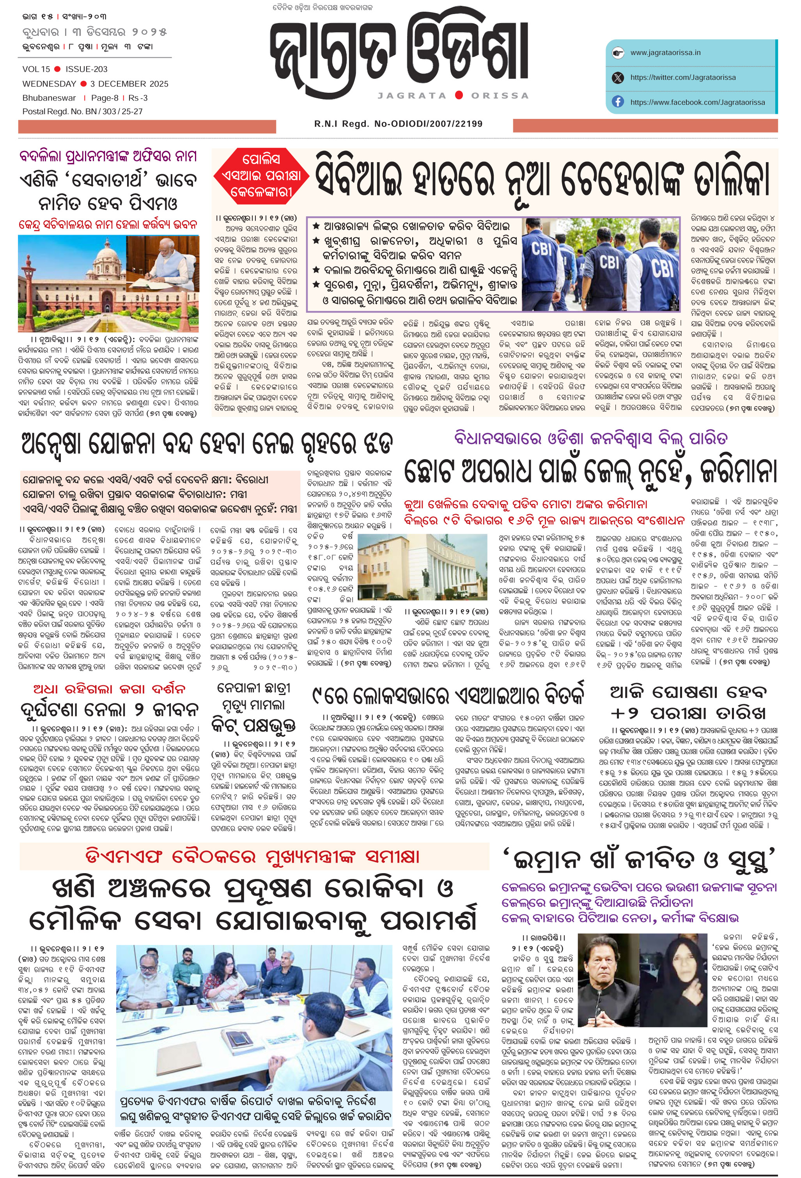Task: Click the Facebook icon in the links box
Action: (x=617, y=102)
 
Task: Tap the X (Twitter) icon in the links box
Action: (x=617, y=78)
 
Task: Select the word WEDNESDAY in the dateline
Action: (x=49, y=84)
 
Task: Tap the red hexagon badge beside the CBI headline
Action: (x=260, y=175)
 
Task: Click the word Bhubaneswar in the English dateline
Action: (x=49, y=98)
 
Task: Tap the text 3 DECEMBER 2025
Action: (x=129, y=84)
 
